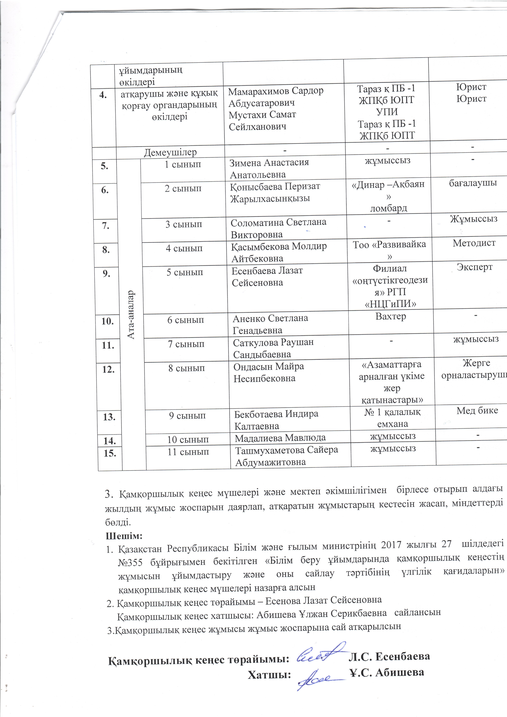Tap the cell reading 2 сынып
point(183,189)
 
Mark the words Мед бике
point(477,410)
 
